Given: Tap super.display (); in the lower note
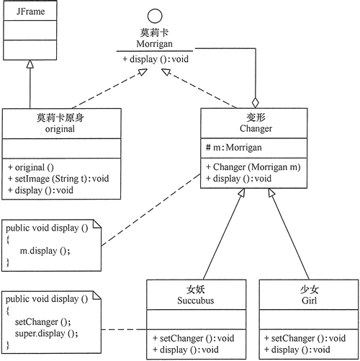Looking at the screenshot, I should (x=45, y=333).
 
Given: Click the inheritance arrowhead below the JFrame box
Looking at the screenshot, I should (x=30, y=64).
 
